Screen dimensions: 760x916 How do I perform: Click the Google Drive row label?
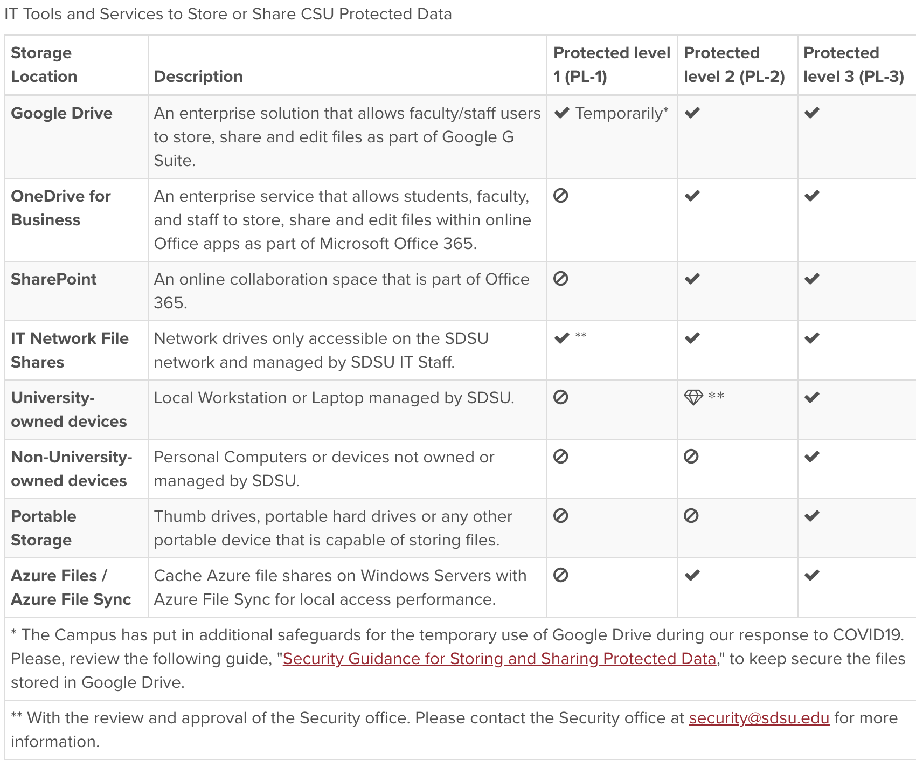click(61, 113)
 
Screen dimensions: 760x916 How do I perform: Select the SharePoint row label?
click(54, 279)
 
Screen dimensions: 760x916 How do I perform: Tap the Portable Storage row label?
click(43, 528)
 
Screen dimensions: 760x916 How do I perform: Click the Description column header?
click(198, 77)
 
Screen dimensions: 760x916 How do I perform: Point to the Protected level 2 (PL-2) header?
click(734, 65)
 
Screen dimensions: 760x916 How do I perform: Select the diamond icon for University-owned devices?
click(693, 398)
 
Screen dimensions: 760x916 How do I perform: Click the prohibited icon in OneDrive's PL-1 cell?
click(561, 196)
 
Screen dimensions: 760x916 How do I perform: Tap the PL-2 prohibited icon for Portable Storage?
click(691, 516)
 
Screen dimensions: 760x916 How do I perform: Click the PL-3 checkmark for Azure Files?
click(812, 575)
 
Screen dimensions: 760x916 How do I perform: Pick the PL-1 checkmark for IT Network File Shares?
click(562, 338)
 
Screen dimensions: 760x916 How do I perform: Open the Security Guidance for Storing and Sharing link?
click(499, 659)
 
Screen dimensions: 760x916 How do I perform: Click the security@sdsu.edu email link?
click(759, 718)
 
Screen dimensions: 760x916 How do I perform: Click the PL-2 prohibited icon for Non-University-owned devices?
click(691, 457)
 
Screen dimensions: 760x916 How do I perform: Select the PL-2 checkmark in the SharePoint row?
click(692, 279)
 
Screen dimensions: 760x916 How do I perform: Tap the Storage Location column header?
click(43, 65)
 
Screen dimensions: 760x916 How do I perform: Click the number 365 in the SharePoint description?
click(170, 303)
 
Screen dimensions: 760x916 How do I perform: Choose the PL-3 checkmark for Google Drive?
click(812, 113)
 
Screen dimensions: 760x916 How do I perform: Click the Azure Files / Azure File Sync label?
click(71, 588)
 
